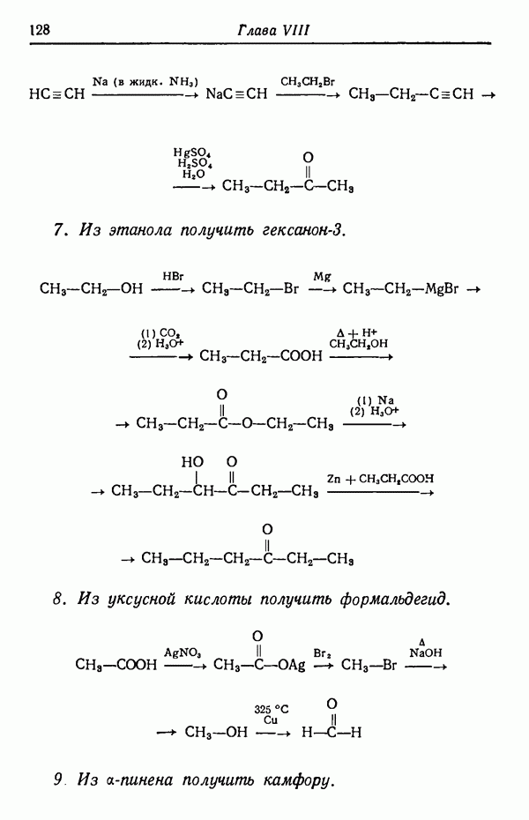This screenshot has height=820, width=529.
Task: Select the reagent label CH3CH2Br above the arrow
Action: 308,82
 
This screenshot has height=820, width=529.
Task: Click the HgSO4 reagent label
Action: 192,153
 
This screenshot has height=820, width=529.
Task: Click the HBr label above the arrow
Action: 172,276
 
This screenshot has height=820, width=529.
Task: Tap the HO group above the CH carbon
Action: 192,461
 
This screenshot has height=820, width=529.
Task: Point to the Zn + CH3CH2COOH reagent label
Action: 380,479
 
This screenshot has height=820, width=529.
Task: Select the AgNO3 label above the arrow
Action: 183,652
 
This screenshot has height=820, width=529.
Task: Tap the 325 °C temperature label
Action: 271,708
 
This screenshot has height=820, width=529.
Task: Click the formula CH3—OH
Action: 216,732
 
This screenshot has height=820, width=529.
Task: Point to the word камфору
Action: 297,780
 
